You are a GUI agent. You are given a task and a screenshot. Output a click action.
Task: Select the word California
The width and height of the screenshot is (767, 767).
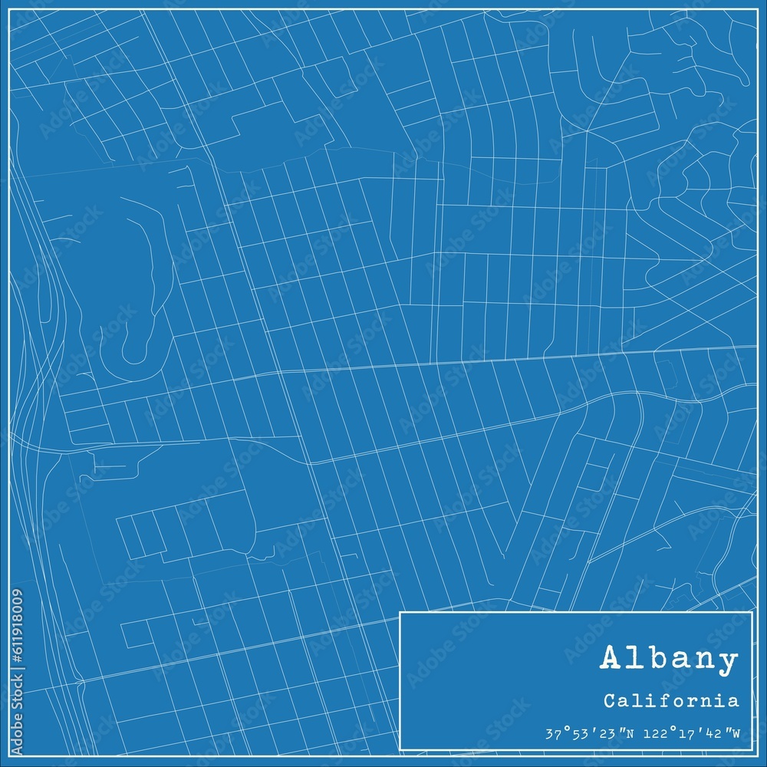tap(671, 700)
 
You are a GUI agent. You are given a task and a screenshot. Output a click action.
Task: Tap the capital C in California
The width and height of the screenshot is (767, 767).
tap(608, 700)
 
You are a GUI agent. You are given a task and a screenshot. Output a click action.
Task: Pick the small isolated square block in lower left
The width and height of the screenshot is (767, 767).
tap(135, 632)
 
